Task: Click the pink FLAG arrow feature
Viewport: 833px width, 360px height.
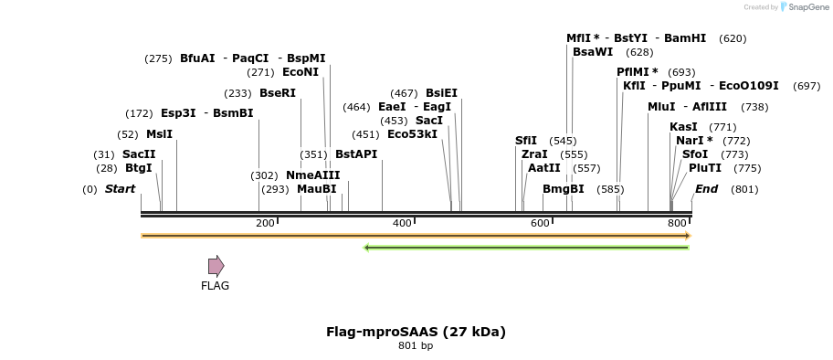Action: pyautogui.click(x=216, y=266)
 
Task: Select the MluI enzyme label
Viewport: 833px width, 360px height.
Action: pyautogui.click(x=661, y=107)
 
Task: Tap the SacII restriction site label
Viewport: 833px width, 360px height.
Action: pyautogui.click(x=139, y=154)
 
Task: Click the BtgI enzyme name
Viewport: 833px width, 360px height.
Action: pyautogui.click(x=139, y=168)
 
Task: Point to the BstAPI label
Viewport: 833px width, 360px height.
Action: pyautogui.click(x=356, y=154)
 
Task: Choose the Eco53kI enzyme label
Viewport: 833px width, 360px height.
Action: pyautogui.click(x=412, y=134)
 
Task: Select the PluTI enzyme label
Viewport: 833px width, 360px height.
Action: pyautogui.click(x=705, y=168)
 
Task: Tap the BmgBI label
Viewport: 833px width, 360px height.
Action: pyautogui.click(x=563, y=189)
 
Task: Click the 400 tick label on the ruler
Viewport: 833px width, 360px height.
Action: pyautogui.click(x=402, y=223)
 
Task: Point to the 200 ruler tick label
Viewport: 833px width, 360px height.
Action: pyautogui.click(x=265, y=223)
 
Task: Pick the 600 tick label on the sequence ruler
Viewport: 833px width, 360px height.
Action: pyautogui.click(x=540, y=223)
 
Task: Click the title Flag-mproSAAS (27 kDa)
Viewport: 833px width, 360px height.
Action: pyautogui.click(x=416, y=332)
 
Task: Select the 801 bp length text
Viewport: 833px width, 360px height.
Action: pyautogui.click(x=416, y=346)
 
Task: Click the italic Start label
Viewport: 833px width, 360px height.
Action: pyautogui.click(x=120, y=189)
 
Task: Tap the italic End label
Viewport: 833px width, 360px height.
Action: pyautogui.click(x=706, y=189)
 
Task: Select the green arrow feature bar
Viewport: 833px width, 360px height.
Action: pyautogui.click(x=526, y=247)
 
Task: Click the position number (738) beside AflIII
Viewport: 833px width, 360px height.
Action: pyautogui.click(x=754, y=107)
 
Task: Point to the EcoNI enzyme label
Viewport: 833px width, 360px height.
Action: pyautogui.click(x=301, y=72)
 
